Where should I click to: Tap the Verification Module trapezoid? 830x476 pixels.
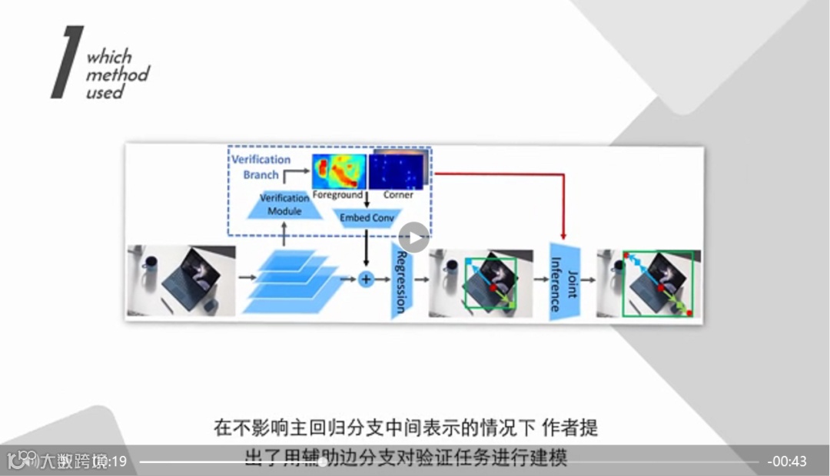pyautogui.click(x=284, y=204)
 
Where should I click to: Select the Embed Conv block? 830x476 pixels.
pyautogui.click(x=367, y=217)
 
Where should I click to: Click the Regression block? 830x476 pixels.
pyautogui.click(x=401, y=281)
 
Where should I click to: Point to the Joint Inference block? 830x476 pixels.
pyautogui.click(x=563, y=280)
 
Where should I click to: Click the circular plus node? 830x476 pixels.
pyautogui.click(x=366, y=279)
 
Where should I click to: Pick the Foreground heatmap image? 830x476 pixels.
pyautogui.click(x=338, y=171)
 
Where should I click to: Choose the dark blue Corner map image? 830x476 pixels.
pyautogui.click(x=397, y=170)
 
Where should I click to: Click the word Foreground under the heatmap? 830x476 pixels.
pyautogui.click(x=337, y=195)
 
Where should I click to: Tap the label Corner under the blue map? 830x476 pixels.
pyautogui.click(x=398, y=195)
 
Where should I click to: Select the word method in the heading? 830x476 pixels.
pyautogui.click(x=117, y=74)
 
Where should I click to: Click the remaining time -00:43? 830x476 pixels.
pyautogui.click(x=787, y=461)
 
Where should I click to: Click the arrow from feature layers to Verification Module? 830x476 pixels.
pyautogui.click(x=284, y=231)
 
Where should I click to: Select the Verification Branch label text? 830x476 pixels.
pyautogui.click(x=261, y=167)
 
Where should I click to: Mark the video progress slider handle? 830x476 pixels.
pyautogui.click(x=322, y=461)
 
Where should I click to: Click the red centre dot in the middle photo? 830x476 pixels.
pyautogui.click(x=493, y=287)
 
